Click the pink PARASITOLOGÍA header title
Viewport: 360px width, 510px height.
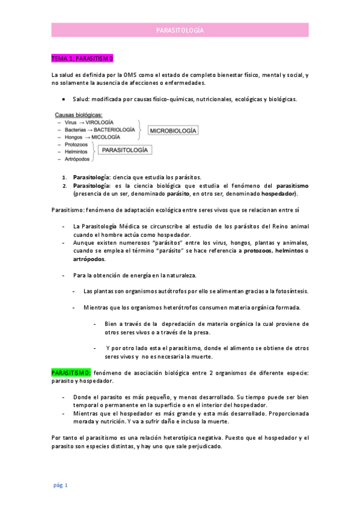(180, 30)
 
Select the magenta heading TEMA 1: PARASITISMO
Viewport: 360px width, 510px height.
(82, 59)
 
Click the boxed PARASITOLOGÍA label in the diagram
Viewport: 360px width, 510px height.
(125, 152)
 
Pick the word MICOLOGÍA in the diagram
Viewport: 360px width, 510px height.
(106, 137)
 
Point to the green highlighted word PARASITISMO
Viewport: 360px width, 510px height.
(71, 373)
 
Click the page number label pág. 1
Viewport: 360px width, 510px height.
(59, 485)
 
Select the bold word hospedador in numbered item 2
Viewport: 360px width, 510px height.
(278, 194)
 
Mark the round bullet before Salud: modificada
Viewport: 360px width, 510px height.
(64, 99)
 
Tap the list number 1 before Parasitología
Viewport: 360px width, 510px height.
(65, 177)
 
